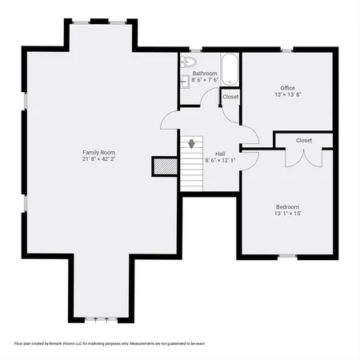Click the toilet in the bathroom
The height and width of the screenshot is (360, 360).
190,62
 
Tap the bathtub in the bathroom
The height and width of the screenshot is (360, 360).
230,70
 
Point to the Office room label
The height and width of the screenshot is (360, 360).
288,87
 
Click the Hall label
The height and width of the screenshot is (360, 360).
220,153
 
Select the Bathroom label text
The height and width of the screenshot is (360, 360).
205,73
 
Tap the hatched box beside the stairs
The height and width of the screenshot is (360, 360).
163,166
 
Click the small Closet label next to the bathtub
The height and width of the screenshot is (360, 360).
230,97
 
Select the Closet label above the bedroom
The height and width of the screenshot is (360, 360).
304,140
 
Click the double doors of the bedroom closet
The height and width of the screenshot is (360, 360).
303,154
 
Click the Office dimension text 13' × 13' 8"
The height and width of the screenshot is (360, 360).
288,94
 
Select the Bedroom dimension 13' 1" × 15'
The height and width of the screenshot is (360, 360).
286,213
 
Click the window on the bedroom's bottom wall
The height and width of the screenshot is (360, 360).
287,255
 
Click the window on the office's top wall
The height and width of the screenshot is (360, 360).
287,50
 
